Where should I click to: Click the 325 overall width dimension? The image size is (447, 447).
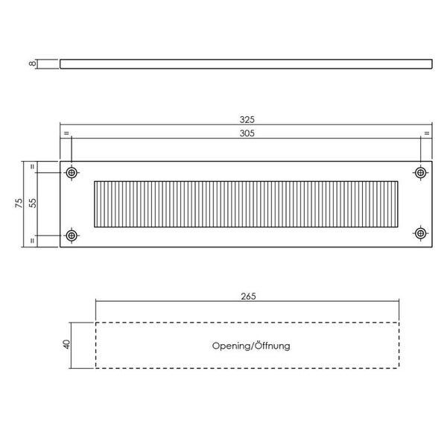[x=247, y=119]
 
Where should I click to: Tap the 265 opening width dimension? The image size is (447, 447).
[x=248, y=297]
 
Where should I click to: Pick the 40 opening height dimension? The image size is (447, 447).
[x=66, y=345]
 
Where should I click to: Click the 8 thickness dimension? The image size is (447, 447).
[x=32, y=64]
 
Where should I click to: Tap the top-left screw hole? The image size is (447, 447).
[x=72, y=172]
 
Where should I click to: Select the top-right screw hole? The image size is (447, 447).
[x=421, y=172]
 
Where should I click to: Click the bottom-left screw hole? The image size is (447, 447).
[x=72, y=235]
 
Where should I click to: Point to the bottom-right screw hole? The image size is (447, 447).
[x=421, y=235]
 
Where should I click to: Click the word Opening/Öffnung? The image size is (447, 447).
[x=251, y=346]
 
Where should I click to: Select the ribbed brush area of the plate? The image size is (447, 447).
[x=247, y=203]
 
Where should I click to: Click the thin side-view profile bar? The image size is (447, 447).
[x=246, y=64]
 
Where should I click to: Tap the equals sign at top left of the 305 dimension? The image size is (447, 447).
[x=66, y=133]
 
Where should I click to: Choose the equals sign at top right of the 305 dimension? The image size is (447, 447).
[x=427, y=133]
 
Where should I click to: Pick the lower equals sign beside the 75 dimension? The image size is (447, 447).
[x=31, y=240]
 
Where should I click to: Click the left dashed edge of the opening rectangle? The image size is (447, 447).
[x=95, y=345]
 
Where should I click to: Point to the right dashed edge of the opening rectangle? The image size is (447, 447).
[x=399, y=345]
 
